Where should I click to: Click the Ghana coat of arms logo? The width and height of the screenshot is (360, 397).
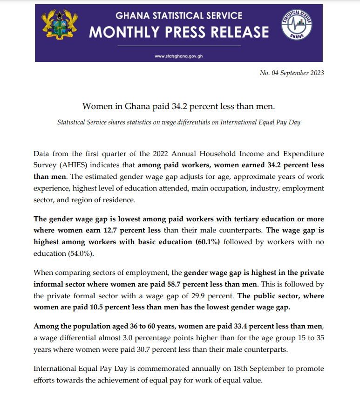coord(60,26)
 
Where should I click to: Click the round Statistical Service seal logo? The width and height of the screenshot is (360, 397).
coord(297,26)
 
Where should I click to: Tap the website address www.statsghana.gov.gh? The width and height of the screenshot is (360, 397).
coord(179,56)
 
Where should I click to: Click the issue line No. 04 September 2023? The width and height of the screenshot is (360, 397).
coord(292,73)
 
